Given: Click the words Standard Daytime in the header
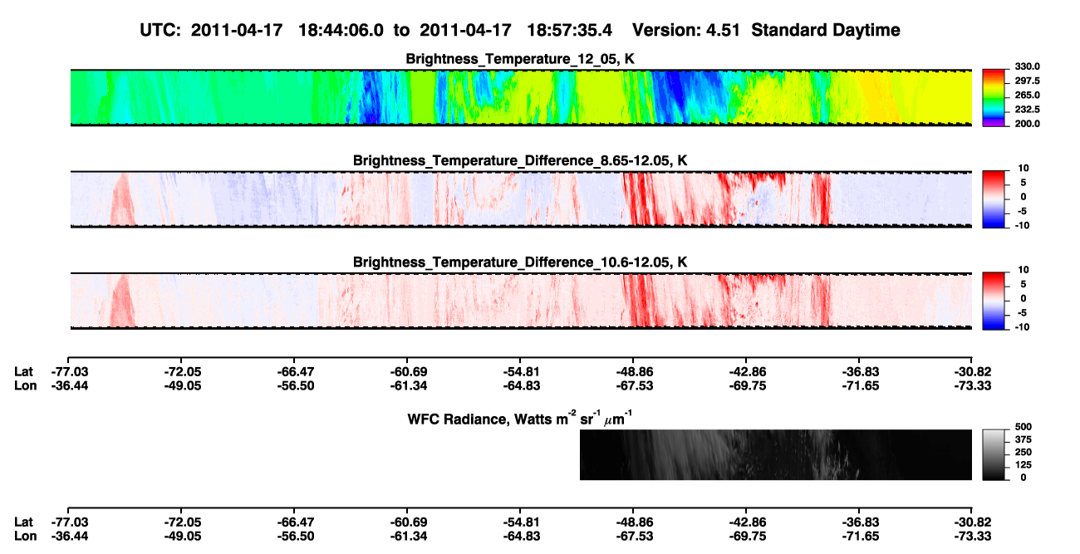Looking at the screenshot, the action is point(826,30).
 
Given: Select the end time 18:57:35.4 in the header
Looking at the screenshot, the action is point(569,30).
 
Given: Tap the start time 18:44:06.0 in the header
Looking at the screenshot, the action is point(341,30).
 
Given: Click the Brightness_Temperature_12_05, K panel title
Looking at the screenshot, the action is point(520,59).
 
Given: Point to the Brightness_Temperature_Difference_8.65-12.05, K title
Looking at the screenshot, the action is point(520,160).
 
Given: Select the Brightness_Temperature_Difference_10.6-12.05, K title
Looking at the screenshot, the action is point(520,262).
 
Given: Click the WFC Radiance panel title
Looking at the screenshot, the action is point(520,419).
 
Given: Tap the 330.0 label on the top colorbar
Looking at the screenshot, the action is point(1027,66).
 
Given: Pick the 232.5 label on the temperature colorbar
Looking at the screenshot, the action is point(1027,110).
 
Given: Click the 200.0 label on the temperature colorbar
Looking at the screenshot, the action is point(1027,124).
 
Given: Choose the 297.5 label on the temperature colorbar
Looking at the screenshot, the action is point(1027,81).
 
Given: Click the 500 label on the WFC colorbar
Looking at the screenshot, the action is point(1024,427).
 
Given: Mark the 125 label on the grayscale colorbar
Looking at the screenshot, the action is point(1024,465).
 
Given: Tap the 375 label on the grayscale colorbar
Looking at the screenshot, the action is point(1024,439).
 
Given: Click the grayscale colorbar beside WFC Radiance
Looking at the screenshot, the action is point(994,454).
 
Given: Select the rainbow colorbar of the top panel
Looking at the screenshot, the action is point(994,98).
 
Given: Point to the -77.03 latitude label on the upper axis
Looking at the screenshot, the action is point(70,372).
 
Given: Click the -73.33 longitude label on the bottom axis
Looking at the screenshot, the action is point(973,537).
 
